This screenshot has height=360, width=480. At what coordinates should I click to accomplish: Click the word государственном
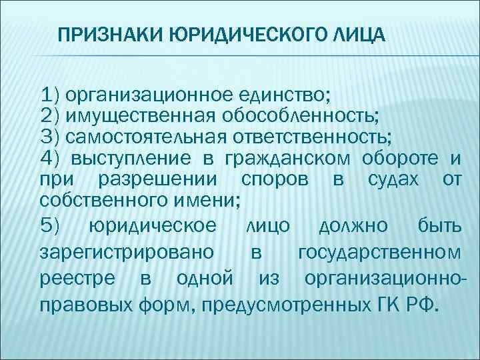[x=378, y=253]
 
